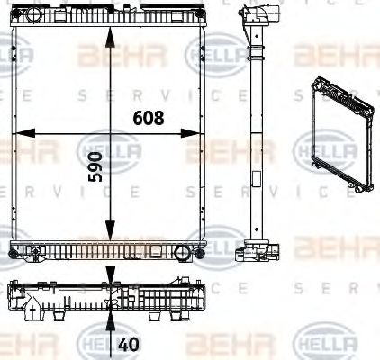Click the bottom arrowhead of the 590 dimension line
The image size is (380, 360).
[110, 233]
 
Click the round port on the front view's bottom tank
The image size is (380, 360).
[179, 251]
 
